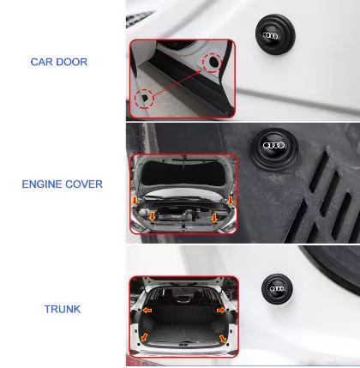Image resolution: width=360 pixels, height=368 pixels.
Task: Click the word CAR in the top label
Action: pos(41,62)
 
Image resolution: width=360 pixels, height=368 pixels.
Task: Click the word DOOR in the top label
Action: pos(71,62)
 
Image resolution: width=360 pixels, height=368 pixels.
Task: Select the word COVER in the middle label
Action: pos(84,184)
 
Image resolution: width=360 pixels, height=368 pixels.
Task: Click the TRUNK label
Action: pos(63,309)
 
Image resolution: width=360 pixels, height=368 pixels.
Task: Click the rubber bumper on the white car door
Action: pos(274,34)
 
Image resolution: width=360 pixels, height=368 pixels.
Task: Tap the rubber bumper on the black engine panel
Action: pos(274,149)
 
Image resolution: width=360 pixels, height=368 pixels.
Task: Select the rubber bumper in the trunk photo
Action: pos(277,289)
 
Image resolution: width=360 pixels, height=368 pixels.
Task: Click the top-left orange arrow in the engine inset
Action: pos(135,201)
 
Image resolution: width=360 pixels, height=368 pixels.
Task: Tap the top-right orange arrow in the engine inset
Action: pos(231,200)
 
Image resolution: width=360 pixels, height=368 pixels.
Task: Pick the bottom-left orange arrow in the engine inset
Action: pos(153,216)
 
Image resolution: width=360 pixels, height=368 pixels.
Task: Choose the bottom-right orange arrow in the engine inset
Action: pos(214,218)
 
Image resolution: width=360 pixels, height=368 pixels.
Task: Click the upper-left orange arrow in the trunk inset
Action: pos(147,310)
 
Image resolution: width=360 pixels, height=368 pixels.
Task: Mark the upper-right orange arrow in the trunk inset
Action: pos(221,310)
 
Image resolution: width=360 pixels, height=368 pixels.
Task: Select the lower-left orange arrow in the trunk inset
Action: pos(145,337)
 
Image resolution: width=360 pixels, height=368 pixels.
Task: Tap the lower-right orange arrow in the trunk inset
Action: pos(223,339)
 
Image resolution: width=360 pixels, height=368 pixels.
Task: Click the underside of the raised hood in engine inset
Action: pos(184,173)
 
